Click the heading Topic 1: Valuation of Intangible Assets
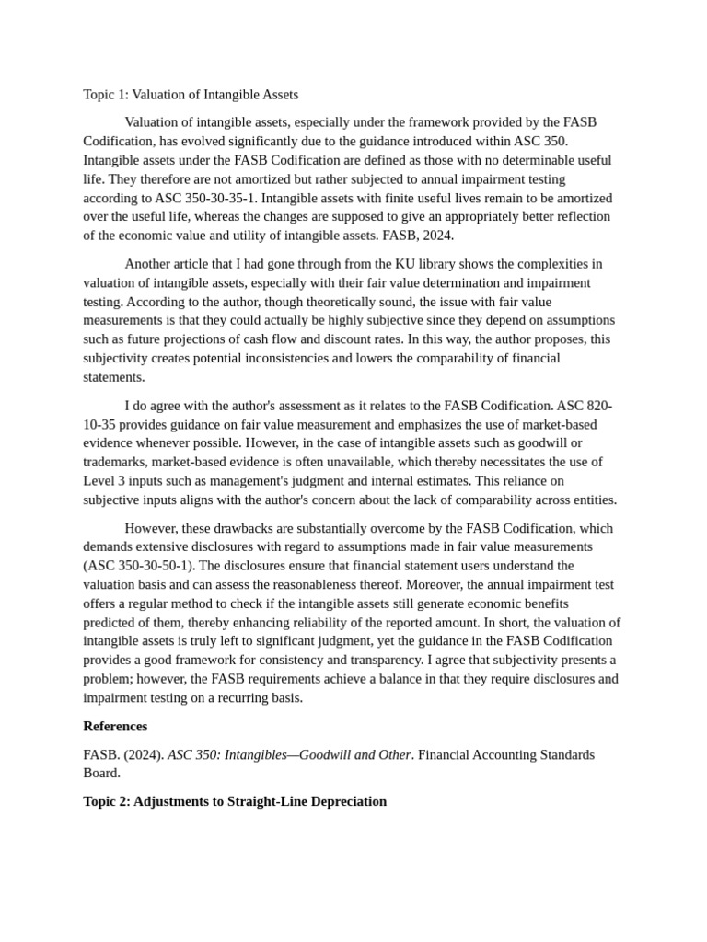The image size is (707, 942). pos(191,95)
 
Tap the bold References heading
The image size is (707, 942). pos(115,726)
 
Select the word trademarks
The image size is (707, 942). pos(116,462)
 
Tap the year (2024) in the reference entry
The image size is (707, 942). pos(144,754)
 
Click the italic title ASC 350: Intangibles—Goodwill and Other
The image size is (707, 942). pos(289,754)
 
